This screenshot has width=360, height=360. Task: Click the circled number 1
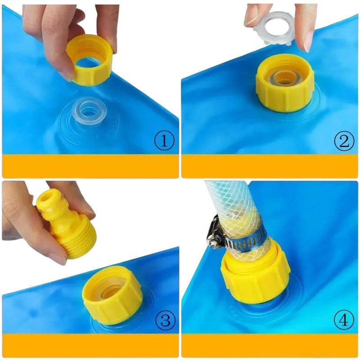tap(164, 141)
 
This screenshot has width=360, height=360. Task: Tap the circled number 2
tap(344, 141)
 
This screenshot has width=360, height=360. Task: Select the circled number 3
tap(165, 320)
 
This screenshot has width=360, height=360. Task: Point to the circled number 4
tap(344, 319)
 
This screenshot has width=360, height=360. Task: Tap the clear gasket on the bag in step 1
tap(89, 112)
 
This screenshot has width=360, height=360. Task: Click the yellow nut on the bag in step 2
tap(285, 83)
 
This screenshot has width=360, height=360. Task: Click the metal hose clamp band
tap(244, 242)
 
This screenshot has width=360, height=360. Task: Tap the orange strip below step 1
tap(90, 166)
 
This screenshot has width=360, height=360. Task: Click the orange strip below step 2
tap(270, 166)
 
